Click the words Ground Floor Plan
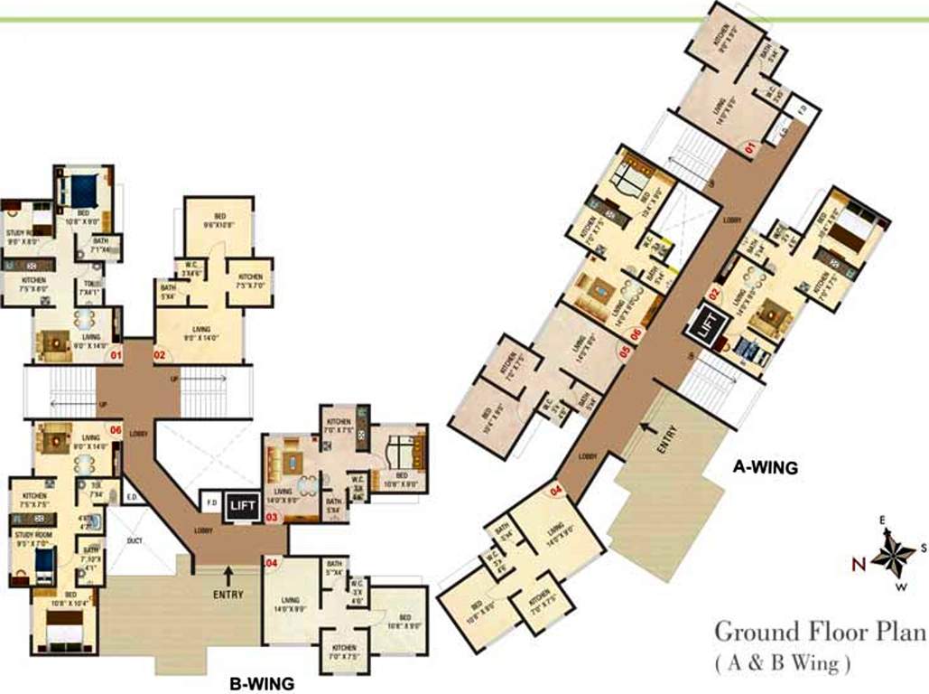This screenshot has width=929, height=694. pyautogui.click(x=821, y=631)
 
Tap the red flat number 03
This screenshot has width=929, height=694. pyautogui.click(x=272, y=518)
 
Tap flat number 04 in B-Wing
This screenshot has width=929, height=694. pyautogui.click(x=270, y=563)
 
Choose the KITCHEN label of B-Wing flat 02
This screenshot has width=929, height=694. pyautogui.click(x=250, y=278)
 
